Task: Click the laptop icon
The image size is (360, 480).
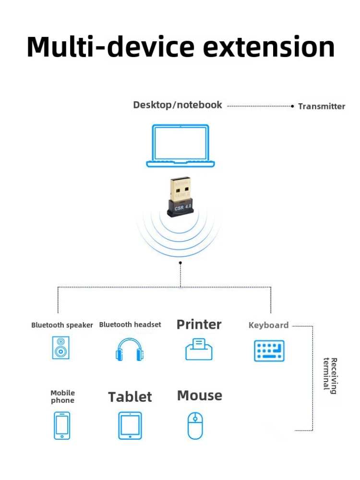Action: point(180,145)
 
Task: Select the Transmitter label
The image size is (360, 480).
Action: point(322,106)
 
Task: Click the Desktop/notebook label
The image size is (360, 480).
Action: point(178,105)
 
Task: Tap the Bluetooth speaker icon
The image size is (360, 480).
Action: point(61,348)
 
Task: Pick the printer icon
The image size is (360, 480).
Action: point(199,349)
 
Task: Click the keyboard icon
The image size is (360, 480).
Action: point(269,350)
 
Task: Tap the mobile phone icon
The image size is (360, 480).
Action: point(61,425)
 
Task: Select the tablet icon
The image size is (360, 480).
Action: point(130,425)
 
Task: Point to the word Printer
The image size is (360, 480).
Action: point(199,324)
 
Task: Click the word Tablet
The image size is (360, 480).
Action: point(130,397)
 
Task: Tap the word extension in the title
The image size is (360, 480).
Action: point(269,47)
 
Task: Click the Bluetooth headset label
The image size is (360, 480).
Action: point(130,324)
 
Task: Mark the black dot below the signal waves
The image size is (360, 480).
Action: point(180,263)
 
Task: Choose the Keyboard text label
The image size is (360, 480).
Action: point(268,325)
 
